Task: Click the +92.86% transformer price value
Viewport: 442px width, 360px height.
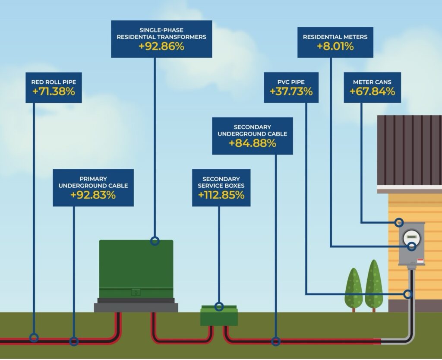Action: (x=161, y=47)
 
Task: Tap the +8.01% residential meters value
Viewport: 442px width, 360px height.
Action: (x=335, y=47)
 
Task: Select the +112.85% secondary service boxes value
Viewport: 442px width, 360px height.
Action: (x=221, y=195)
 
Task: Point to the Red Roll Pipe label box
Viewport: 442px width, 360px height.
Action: (x=54, y=88)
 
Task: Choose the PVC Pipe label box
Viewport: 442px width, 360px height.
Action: (x=291, y=88)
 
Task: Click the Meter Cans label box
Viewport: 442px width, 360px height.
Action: (x=372, y=88)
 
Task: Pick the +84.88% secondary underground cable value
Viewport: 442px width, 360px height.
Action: (x=253, y=143)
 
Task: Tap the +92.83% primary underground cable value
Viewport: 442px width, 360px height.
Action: (x=93, y=195)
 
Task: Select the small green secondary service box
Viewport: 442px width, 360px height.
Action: (x=219, y=316)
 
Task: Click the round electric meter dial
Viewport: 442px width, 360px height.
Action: (x=412, y=238)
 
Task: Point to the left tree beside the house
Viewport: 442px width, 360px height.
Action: (x=354, y=288)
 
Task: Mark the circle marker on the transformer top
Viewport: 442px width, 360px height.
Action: (x=155, y=241)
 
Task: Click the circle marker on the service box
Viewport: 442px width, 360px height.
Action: (x=219, y=307)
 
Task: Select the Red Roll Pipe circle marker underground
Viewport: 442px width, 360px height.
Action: (x=34, y=338)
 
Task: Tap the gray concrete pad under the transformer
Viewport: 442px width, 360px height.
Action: (x=136, y=307)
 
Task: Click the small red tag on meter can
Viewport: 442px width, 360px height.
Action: (x=420, y=261)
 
